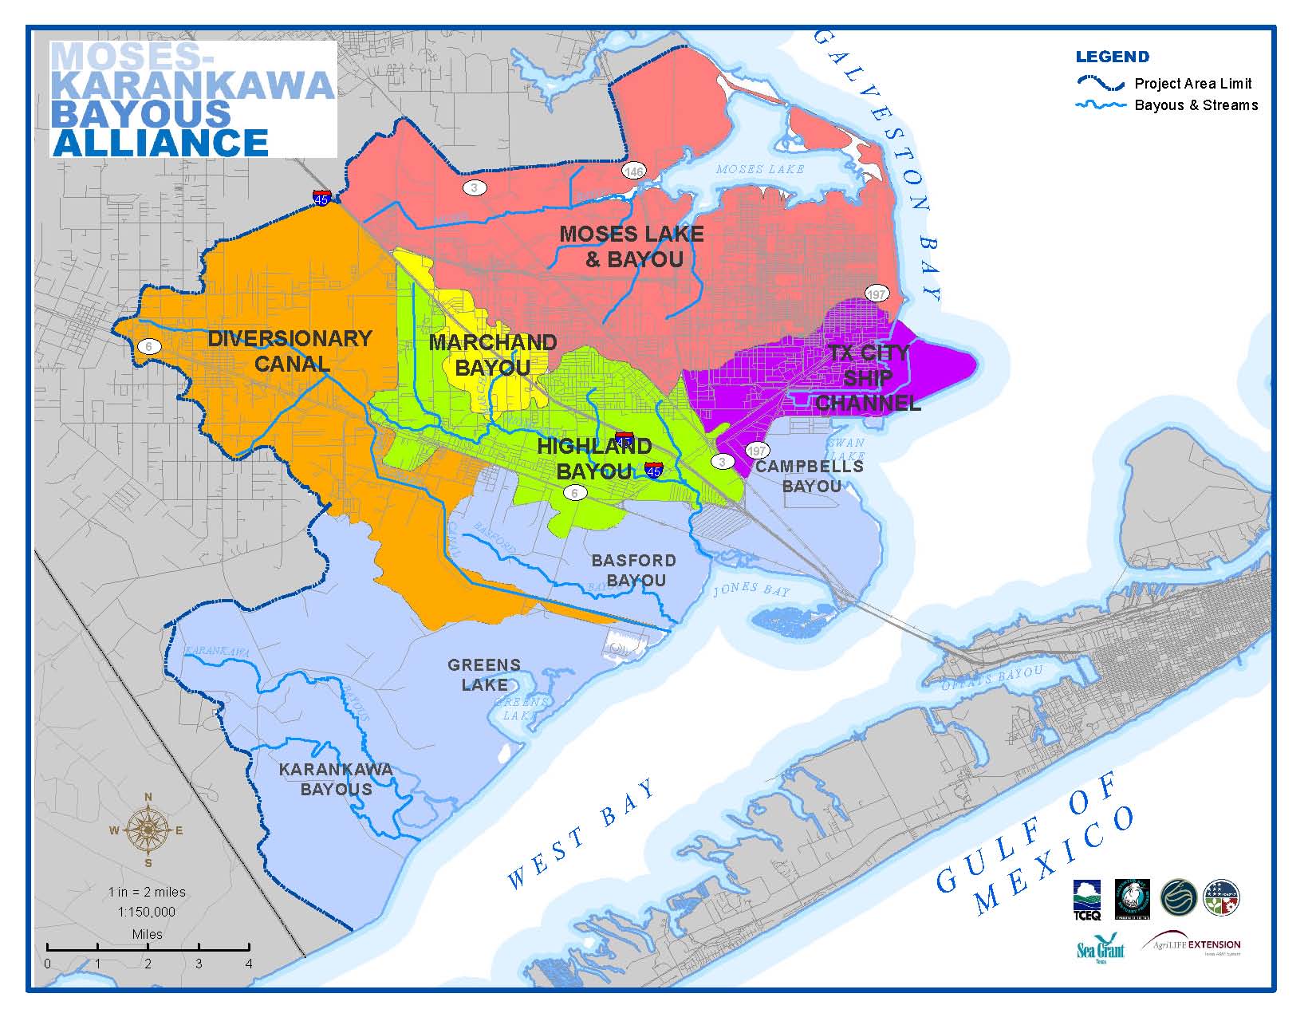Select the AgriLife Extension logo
coord(1194,946)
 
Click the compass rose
coord(148,830)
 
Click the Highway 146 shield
coord(634,171)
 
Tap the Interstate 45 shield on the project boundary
coord(321,198)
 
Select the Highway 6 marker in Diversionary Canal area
coord(148,346)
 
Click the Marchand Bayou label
coord(492,355)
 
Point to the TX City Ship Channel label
coord(868,378)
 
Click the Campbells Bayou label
coord(810,476)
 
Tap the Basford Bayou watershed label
coord(634,570)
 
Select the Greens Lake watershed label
coord(484,675)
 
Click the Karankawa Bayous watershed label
coord(336,779)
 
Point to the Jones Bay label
coord(751,590)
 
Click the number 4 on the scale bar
coord(249,964)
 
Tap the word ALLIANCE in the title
coord(160,142)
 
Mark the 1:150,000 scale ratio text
coord(148,912)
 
